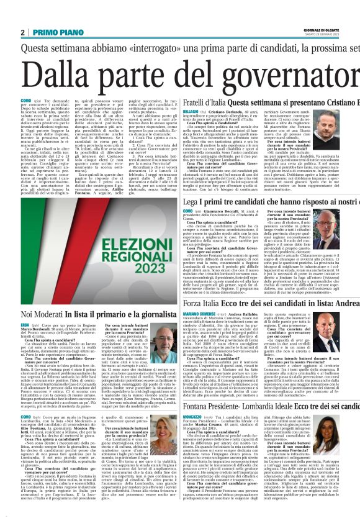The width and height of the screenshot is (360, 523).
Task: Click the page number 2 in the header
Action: click(22, 32)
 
